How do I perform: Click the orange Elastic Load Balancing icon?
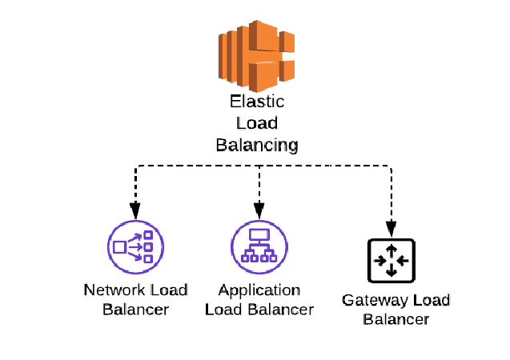tap(256, 54)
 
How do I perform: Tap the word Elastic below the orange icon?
tap(257, 102)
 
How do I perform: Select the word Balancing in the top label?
tap(256, 145)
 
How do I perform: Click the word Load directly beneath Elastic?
tap(257, 124)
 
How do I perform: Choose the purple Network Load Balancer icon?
tap(135, 246)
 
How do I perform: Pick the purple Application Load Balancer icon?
tap(259, 246)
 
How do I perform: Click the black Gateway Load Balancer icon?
tap(391, 261)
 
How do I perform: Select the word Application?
tap(259, 290)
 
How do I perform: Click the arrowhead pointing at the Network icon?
tap(135, 212)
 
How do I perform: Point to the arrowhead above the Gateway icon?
tap(391, 228)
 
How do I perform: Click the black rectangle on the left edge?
tap(36, 254)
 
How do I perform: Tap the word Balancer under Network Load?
tap(136, 309)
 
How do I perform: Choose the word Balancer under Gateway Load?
tap(396, 319)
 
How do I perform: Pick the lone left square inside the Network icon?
tap(119, 246)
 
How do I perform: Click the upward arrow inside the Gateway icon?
tap(391, 251)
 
